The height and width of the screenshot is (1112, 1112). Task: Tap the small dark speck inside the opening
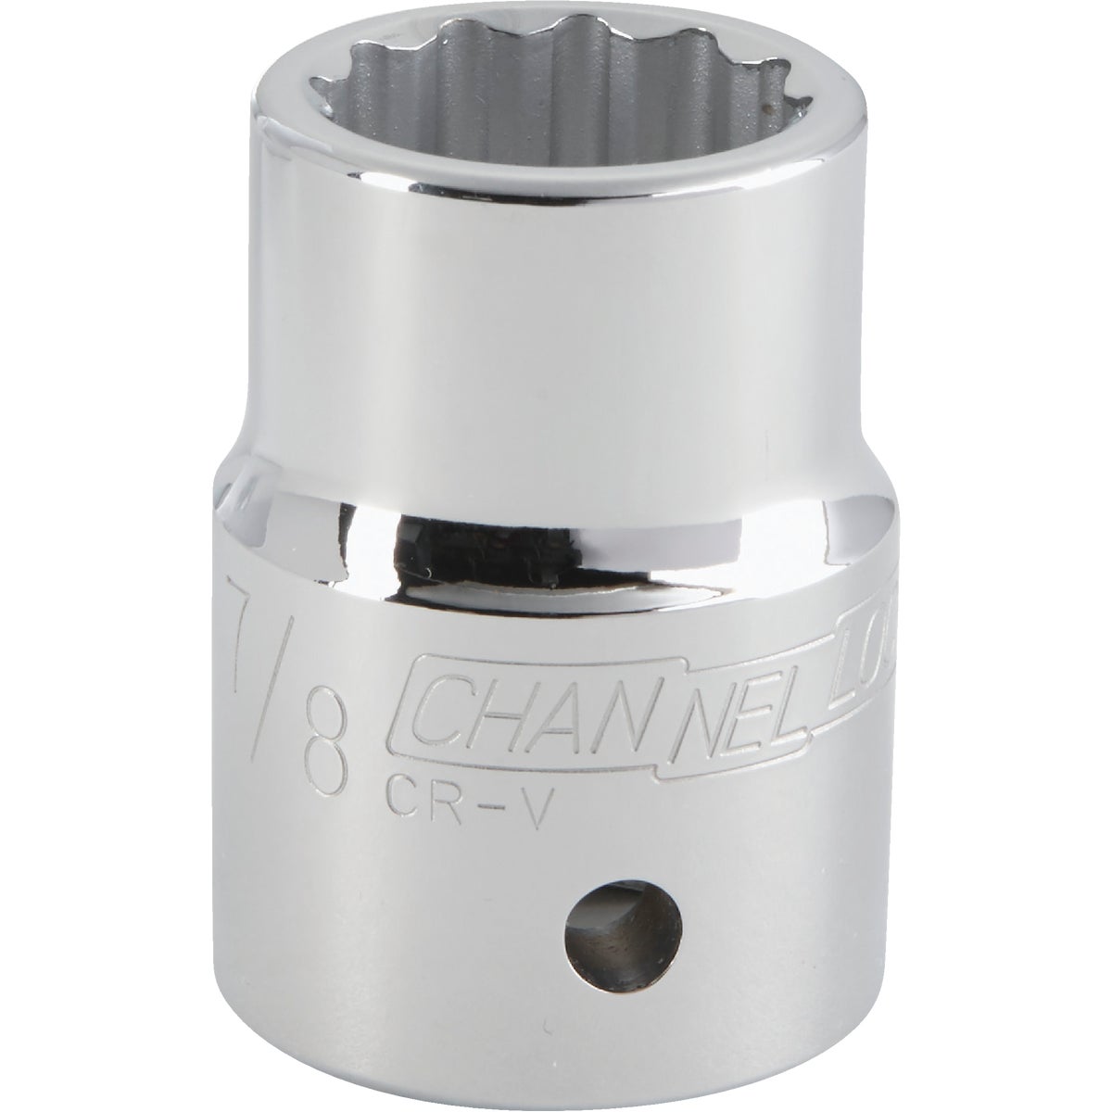766,109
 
